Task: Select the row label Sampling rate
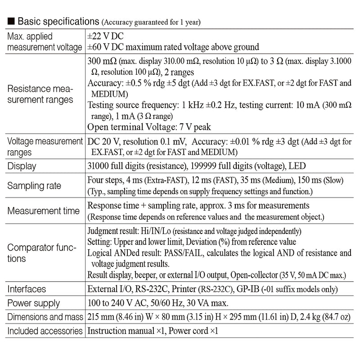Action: [x=35, y=186]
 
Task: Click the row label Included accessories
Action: [x=45, y=331]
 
